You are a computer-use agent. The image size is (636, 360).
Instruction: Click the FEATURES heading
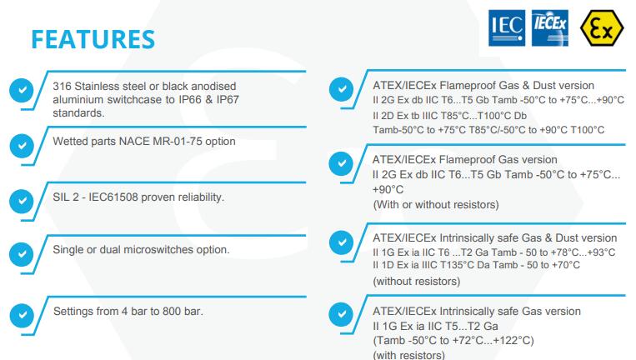pos(93,39)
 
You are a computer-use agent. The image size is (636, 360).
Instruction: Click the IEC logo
pos(507,28)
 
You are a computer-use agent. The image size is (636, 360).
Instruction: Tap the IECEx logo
pos(550,28)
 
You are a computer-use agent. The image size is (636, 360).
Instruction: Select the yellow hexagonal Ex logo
pos(602,28)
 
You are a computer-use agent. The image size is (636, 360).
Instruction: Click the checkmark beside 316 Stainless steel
pos(22,90)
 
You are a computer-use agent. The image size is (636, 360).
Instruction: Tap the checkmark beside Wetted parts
pos(22,146)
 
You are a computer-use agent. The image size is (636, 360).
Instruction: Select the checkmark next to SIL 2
pos(22,201)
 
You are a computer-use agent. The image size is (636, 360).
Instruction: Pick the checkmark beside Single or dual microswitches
pos(22,254)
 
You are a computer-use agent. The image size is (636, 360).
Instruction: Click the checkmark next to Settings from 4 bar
pos(22,315)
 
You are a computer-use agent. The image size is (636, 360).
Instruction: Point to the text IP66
pos(190,100)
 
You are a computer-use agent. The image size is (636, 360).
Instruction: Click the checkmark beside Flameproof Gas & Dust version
pos(342,89)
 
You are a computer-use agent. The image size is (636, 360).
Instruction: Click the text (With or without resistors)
pos(436,205)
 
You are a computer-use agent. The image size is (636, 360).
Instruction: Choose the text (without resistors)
pos(417,282)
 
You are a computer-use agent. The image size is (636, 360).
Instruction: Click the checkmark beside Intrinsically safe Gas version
pos(342,314)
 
